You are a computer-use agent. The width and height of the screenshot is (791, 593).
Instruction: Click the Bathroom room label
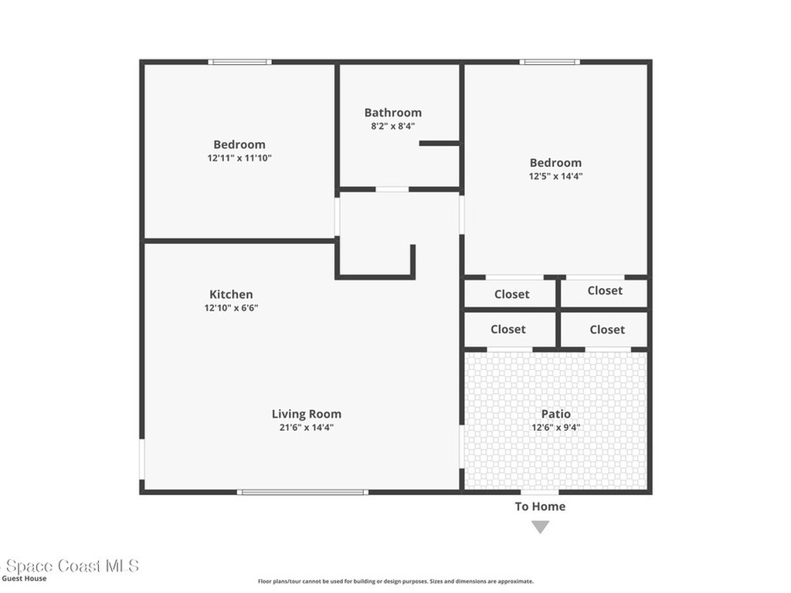click(393, 113)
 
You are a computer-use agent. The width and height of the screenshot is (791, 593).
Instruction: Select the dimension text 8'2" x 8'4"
click(393, 126)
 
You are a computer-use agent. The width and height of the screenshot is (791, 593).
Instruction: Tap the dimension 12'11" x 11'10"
click(239, 158)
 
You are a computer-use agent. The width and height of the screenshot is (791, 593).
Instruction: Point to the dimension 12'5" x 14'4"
click(555, 176)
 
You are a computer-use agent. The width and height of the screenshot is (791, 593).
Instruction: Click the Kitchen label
click(231, 294)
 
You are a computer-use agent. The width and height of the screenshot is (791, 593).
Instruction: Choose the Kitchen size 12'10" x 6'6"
click(231, 308)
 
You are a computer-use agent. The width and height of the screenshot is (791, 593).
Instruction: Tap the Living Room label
click(306, 414)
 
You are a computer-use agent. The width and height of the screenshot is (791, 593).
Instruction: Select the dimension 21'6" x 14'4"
click(306, 427)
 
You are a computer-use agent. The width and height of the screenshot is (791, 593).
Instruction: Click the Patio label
click(555, 414)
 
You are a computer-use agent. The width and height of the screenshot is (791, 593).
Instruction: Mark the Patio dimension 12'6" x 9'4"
click(555, 427)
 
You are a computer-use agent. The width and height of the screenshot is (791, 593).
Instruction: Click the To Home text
click(540, 507)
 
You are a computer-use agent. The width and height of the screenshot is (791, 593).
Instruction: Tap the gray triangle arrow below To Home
click(540, 527)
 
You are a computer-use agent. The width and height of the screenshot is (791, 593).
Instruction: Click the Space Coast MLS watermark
click(70, 566)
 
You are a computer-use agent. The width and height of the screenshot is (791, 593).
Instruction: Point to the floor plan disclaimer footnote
click(395, 581)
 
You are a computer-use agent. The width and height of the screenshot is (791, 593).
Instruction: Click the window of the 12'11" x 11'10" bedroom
click(239, 62)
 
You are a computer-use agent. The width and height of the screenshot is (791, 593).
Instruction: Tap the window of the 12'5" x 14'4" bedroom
click(549, 62)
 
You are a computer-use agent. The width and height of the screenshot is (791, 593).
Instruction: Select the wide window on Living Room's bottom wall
click(302, 492)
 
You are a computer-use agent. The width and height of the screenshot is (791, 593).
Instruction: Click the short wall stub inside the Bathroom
click(439, 143)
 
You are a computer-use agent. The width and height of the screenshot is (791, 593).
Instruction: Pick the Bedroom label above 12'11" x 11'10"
click(239, 144)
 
